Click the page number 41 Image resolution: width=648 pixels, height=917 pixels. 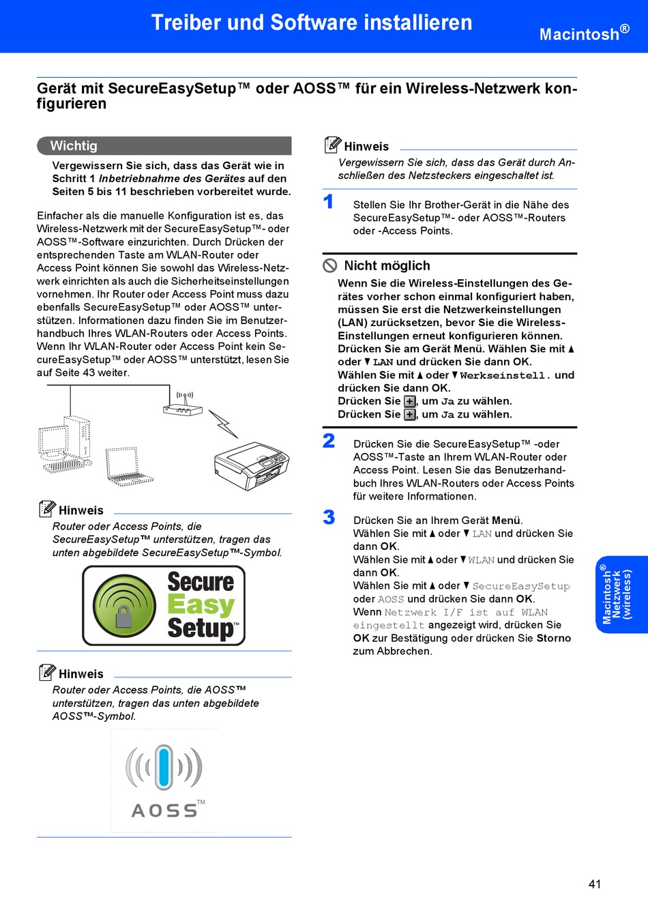595,884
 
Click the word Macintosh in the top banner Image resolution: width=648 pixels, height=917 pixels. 579,34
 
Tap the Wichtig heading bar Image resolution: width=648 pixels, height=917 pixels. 164,145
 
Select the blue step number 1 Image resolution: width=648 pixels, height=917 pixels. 329,202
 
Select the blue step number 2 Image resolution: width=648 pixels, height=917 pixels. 329,441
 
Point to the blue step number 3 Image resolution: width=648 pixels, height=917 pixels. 329,517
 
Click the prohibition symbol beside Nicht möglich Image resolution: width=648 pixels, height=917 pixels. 330,265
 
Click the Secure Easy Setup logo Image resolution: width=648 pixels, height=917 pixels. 164,605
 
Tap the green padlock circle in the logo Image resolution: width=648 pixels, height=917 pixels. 124,605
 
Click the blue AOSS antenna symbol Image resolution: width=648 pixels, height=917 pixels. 164,768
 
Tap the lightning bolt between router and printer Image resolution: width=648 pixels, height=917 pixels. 223,423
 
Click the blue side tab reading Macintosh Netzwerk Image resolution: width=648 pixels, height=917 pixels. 621,594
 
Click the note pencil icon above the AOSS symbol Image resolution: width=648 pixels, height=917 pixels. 47,672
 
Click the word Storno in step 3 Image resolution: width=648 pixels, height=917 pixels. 553,638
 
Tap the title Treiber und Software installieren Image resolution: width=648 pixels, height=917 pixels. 312,23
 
